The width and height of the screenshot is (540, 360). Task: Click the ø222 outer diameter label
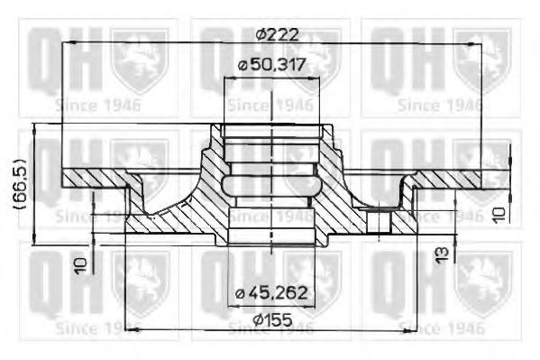277,34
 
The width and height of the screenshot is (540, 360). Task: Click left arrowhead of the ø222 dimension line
66,45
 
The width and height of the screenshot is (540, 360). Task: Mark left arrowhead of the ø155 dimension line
127,329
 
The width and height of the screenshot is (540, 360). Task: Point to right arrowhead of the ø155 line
414,329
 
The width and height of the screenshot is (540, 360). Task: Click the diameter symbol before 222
260,34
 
